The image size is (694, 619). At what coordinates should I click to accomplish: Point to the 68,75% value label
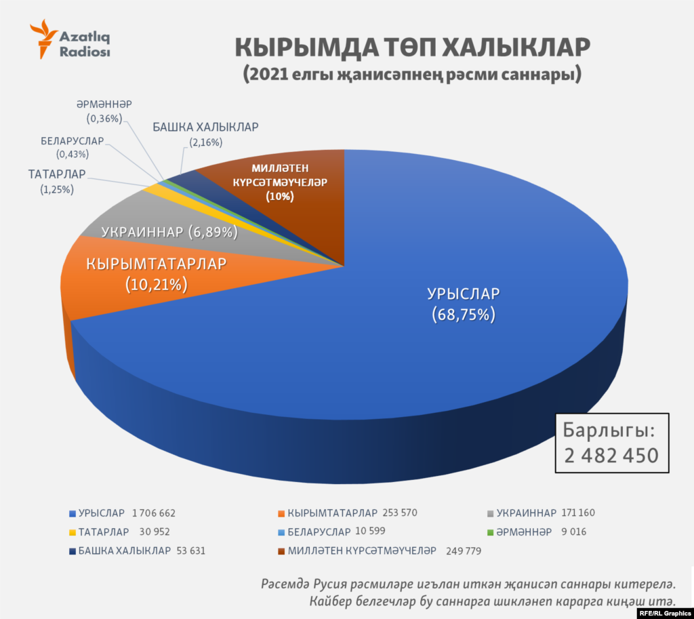[x=464, y=315]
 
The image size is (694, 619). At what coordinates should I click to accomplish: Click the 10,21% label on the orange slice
[x=156, y=285]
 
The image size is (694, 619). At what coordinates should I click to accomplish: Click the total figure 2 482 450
[x=611, y=454]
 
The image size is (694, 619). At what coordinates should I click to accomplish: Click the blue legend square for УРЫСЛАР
[x=72, y=513]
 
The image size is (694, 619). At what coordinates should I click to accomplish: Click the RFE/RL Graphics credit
[x=664, y=613]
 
